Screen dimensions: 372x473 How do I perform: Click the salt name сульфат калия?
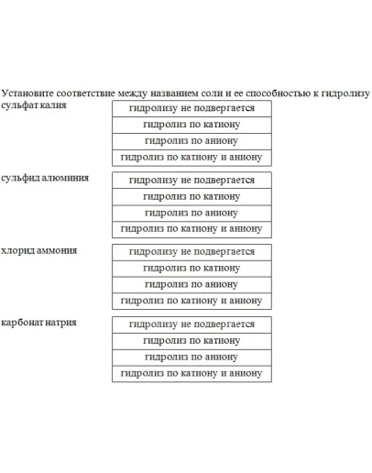click(34, 105)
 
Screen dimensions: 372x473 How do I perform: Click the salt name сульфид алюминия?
click(45, 177)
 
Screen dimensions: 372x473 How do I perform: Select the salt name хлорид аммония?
click(39, 250)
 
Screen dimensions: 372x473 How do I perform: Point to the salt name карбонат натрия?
click(39, 323)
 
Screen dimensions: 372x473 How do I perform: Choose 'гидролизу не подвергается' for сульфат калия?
click(191, 108)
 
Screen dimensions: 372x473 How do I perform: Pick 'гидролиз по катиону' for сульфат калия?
click(191, 125)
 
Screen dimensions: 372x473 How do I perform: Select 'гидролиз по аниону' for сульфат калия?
click(191, 141)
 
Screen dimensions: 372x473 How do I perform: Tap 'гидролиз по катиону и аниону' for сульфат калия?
click(191, 158)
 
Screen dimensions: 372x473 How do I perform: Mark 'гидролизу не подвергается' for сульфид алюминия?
click(191, 180)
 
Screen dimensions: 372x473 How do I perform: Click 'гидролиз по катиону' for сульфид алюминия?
click(191, 196)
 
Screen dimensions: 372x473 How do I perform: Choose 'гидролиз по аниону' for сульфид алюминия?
click(191, 213)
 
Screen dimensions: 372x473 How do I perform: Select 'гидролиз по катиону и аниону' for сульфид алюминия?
click(191, 229)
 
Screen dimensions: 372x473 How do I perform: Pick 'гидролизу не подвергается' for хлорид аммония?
click(191, 251)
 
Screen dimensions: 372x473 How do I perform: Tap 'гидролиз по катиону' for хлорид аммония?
click(191, 268)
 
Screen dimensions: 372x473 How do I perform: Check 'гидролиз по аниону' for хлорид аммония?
click(191, 284)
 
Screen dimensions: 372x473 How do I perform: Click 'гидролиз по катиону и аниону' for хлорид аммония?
click(191, 301)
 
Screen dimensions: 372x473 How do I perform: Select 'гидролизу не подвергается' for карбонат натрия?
click(191, 324)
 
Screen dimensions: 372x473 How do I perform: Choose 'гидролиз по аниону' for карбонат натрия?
click(191, 357)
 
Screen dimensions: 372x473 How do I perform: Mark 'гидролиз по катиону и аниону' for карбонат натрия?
click(191, 373)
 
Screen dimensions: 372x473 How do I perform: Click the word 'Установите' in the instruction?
click(26, 93)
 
